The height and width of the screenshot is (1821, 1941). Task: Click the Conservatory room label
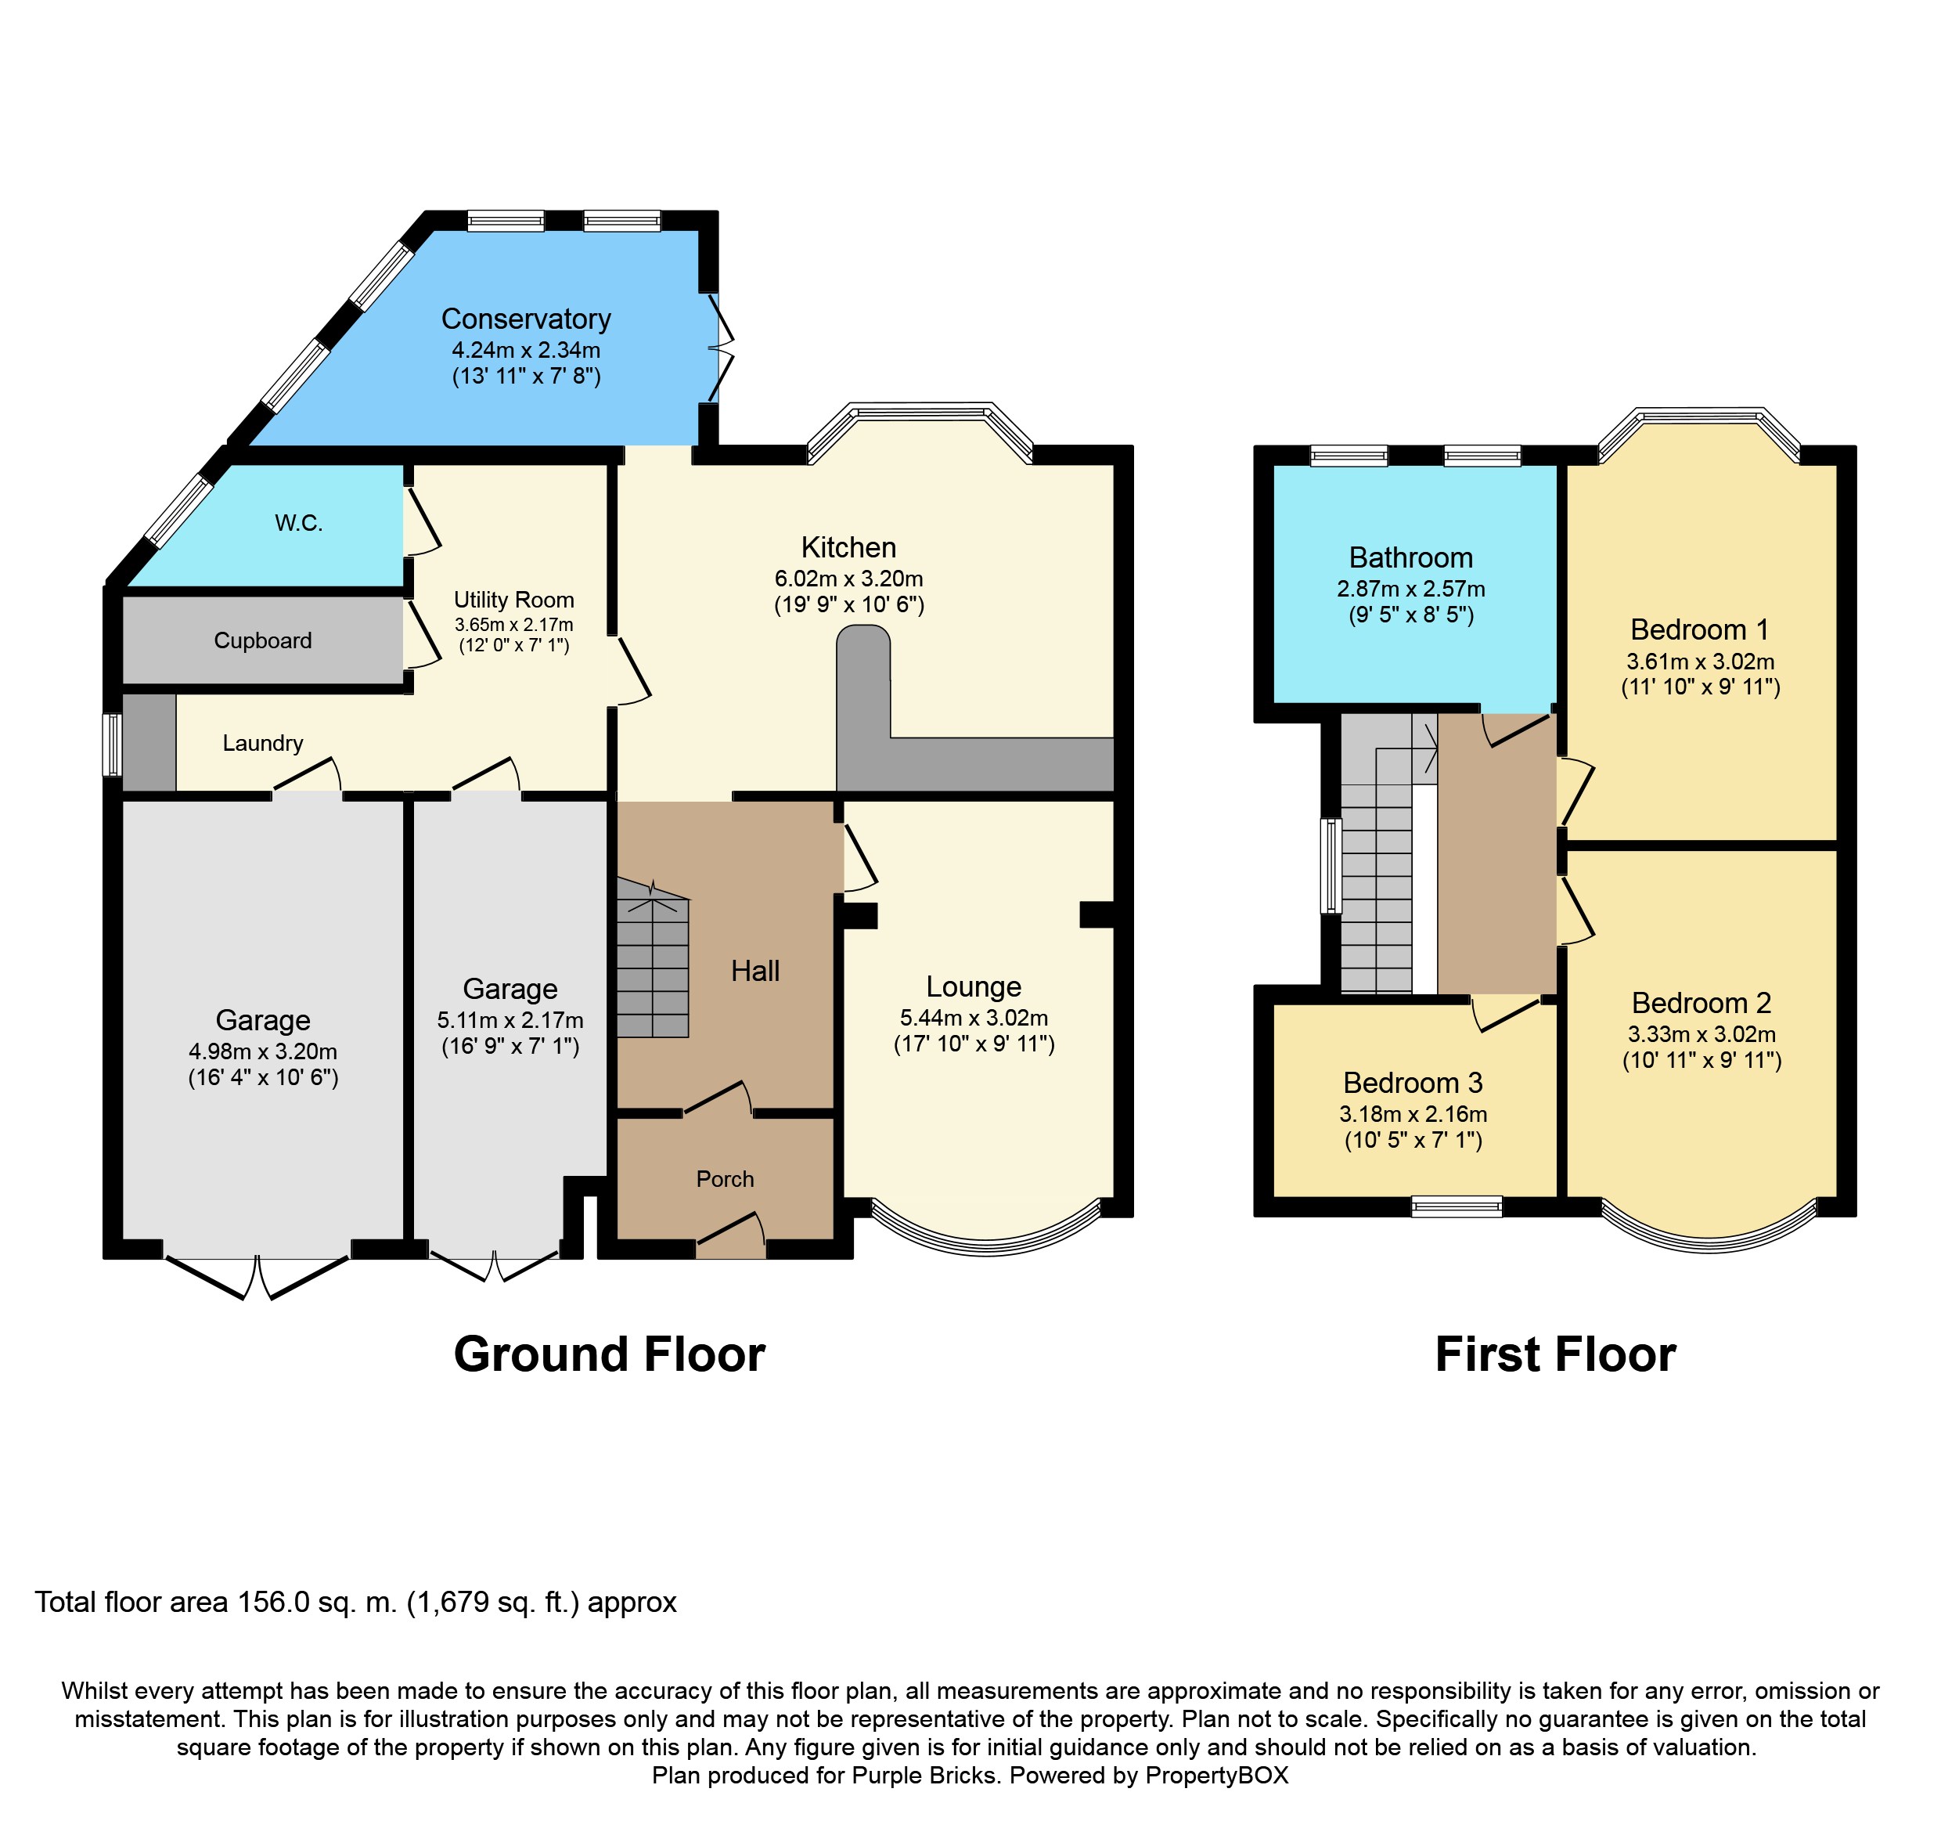[x=525, y=319]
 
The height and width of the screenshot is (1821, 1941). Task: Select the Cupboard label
[x=263, y=640]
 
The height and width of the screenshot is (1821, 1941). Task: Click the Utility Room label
[x=513, y=600]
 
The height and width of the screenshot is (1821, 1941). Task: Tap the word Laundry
[x=263, y=743]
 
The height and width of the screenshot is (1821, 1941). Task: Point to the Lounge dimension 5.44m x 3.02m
[x=974, y=1018]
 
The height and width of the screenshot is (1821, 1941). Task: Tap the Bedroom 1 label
[x=1699, y=629]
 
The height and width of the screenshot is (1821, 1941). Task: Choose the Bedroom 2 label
[x=1701, y=1003]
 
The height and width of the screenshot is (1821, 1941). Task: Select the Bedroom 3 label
[x=1412, y=1083]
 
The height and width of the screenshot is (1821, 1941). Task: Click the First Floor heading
[x=1554, y=1354]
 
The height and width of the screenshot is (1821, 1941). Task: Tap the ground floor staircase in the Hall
[x=652, y=961]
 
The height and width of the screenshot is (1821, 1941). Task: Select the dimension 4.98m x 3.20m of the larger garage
[x=263, y=1051]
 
